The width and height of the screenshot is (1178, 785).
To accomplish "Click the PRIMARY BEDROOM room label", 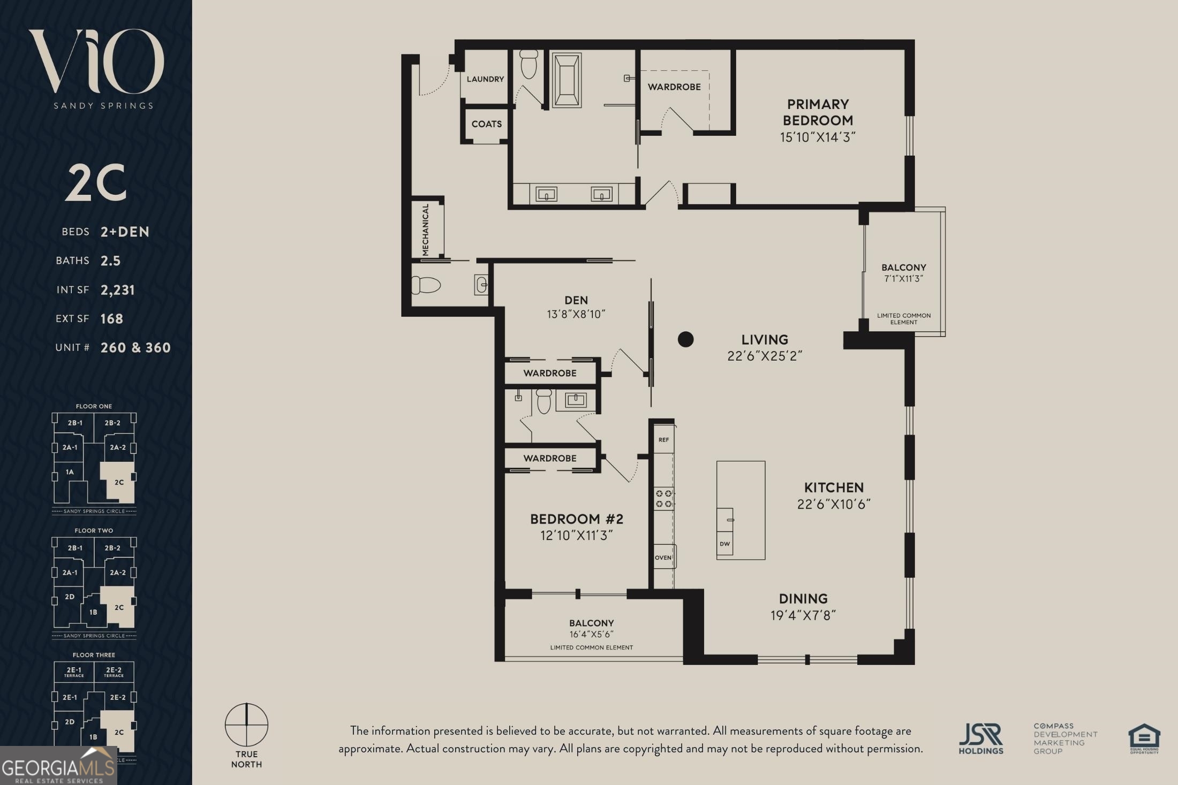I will click(x=818, y=112).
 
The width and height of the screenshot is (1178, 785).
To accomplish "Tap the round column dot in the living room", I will click(x=685, y=339).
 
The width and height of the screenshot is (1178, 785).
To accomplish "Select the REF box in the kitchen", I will click(x=663, y=440).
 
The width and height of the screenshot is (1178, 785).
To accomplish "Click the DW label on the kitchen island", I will click(x=724, y=544).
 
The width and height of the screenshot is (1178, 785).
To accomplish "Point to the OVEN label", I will click(x=663, y=557).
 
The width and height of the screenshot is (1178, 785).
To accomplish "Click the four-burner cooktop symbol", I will click(x=663, y=499).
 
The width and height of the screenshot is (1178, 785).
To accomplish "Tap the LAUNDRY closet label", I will click(x=485, y=79).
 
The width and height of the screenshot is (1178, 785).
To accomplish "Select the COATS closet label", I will click(x=486, y=124).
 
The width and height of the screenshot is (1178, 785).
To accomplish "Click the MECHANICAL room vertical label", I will click(x=426, y=230).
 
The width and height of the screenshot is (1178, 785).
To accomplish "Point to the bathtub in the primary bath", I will click(x=567, y=80).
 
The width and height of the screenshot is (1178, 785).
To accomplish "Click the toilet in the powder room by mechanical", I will click(x=426, y=285).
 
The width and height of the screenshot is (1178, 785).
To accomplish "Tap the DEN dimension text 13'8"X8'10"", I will click(x=576, y=314).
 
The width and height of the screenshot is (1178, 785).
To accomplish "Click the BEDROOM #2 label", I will click(x=576, y=519).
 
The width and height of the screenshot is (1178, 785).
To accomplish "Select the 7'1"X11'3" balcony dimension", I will click(x=903, y=279).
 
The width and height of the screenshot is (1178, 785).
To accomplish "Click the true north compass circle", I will click(x=246, y=725).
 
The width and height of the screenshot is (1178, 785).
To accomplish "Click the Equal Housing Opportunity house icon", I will click(x=1144, y=738).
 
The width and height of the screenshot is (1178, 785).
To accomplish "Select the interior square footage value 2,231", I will click(x=118, y=290).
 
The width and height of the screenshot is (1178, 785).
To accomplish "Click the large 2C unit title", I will click(x=96, y=182).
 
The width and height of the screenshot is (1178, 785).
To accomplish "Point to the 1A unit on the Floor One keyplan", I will click(x=70, y=472).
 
